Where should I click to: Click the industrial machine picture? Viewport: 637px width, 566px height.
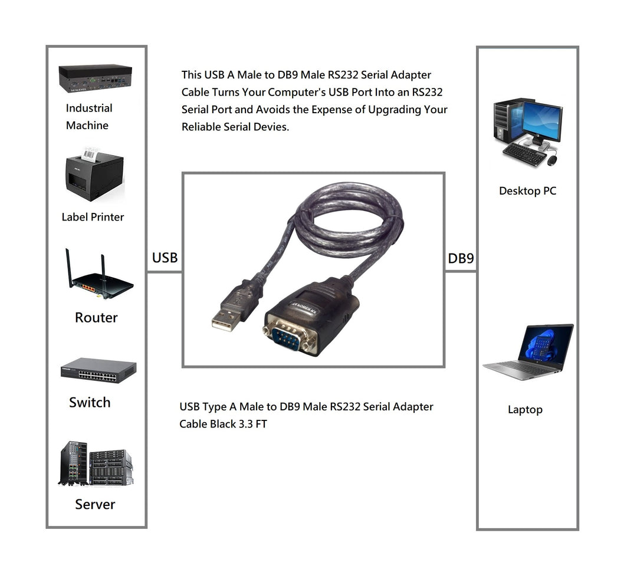tap(95, 78)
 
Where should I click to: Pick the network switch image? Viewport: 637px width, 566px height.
tap(98, 370)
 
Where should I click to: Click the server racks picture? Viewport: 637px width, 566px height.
tap(96, 464)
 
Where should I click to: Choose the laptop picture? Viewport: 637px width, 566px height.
tap(528, 352)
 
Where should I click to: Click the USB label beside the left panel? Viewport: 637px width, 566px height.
tap(165, 258)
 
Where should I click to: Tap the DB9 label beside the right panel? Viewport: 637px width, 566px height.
tap(461, 258)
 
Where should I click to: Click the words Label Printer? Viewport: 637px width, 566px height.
tap(93, 217)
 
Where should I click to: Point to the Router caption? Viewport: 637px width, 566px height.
tap(96, 318)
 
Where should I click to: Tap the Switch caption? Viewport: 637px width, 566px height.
tap(90, 403)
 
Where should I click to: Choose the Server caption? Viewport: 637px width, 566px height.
tap(95, 505)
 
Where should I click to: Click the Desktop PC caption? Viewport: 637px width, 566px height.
tap(527, 191)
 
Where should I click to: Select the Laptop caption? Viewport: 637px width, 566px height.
tap(525, 410)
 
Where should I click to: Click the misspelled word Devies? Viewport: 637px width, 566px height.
tap(271, 127)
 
